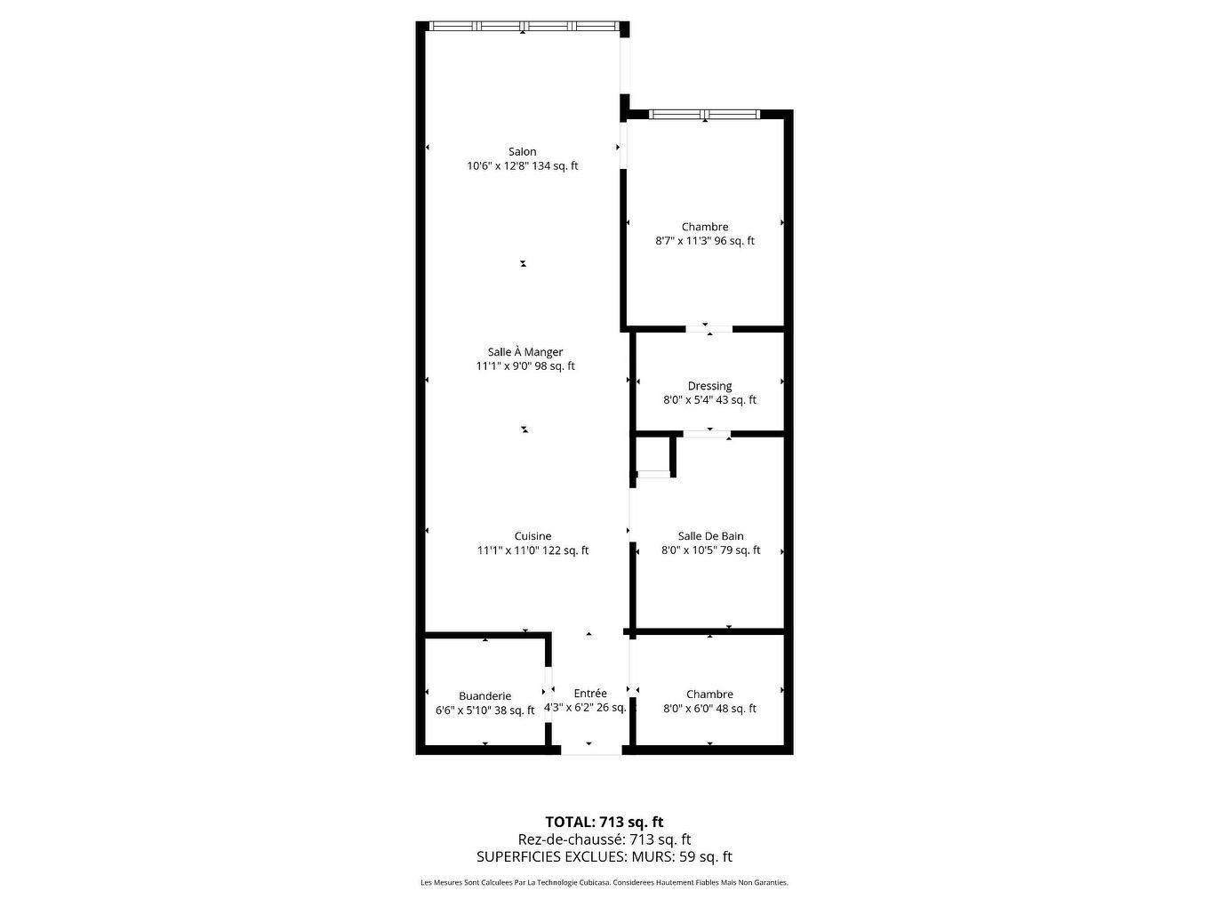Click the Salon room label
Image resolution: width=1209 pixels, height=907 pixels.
click(523, 152)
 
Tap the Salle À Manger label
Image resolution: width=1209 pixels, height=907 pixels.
click(525, 352)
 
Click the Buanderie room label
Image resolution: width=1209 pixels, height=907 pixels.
click(484, 696)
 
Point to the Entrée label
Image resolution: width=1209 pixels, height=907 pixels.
click(590, 694)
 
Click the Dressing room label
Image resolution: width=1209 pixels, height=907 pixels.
click(709, 386)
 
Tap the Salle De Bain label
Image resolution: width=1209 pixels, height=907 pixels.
click(710, 536)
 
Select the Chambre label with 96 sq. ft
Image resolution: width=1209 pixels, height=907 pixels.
click(705, 227)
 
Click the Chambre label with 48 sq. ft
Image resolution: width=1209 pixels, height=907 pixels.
click(709, 694)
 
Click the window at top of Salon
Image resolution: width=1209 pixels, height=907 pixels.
click(523, 26)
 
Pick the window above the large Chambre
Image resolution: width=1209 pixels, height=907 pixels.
click(704, 114)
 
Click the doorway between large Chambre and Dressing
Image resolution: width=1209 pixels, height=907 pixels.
click(709, 329)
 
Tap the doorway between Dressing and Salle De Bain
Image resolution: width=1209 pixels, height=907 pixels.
click(707, 434)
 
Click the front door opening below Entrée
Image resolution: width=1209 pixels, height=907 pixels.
click(590, 751)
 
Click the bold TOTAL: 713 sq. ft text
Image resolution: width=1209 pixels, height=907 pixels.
click(604, 822)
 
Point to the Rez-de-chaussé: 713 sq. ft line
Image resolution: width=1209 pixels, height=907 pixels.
click(604, 839)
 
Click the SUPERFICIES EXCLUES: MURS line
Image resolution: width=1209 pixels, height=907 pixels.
click(604, 857)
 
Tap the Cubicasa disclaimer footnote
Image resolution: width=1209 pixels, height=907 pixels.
click(604, 883)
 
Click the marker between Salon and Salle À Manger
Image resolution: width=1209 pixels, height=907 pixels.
click(524, 263)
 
